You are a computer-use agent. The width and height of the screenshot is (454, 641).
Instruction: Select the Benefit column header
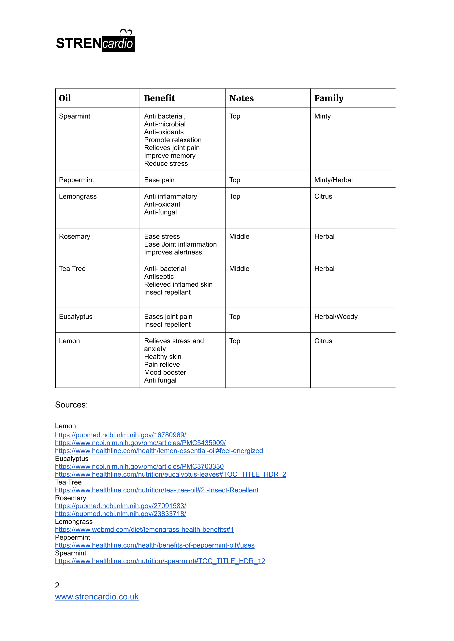point(159,98)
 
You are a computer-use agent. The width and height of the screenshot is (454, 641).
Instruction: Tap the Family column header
point(329,98)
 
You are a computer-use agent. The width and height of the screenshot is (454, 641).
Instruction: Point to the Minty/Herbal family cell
point(333,180)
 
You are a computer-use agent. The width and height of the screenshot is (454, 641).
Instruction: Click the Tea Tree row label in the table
point(72,269)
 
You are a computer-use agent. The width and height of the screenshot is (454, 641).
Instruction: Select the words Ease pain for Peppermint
point(159,180)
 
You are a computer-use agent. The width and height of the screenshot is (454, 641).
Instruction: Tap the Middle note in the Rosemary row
point(239,237)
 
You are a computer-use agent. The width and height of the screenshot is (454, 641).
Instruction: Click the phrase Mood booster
point(165,372)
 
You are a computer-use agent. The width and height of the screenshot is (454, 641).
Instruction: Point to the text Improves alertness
point(173,252)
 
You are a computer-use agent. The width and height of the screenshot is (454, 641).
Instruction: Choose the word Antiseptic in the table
point(159,277)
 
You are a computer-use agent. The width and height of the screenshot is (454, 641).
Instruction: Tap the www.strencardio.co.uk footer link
point(97,597)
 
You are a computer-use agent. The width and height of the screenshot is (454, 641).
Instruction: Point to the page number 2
point(57,585)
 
